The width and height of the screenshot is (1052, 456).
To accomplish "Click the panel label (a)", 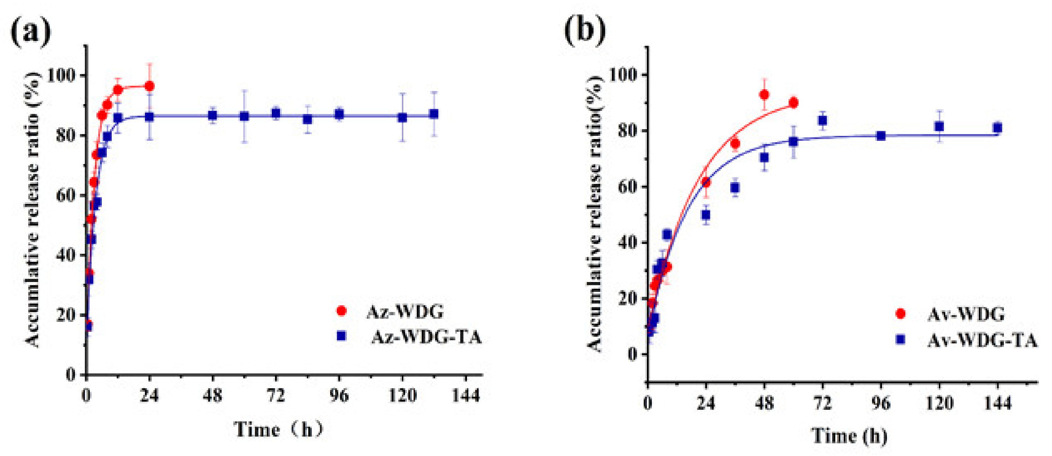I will coord(31,32).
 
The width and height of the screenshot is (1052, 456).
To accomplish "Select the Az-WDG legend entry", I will coord(404,312).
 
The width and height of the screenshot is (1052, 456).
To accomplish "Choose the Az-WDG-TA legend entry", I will coord(426,337).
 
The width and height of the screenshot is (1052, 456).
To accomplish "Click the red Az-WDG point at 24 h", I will coord(150,86).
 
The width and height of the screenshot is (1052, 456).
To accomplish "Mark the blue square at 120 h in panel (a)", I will coord(402,118).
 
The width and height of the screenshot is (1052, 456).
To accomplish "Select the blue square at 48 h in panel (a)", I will coord(212,115).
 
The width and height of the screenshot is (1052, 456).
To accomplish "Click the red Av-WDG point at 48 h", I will coord(764,95).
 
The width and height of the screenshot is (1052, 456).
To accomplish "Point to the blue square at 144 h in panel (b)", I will coord(997,128).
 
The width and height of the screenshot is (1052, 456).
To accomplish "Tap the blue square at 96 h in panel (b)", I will coord(881,136).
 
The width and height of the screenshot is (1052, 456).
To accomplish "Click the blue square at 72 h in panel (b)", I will coord(823,120).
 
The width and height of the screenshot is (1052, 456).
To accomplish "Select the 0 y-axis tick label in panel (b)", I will coord(633,354).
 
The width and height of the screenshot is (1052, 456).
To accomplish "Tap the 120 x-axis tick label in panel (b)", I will coord(939,403).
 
